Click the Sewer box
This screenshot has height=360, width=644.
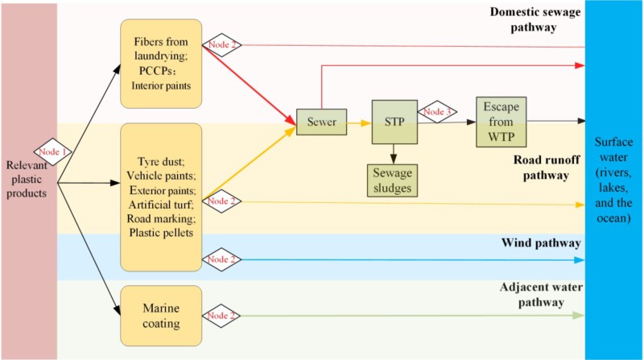(x=321, y=123)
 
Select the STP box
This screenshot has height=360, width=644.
(x=394, y=122)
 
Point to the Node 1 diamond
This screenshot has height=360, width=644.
(x=53, y=150)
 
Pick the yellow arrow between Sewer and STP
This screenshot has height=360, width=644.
(x=357, y=123)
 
